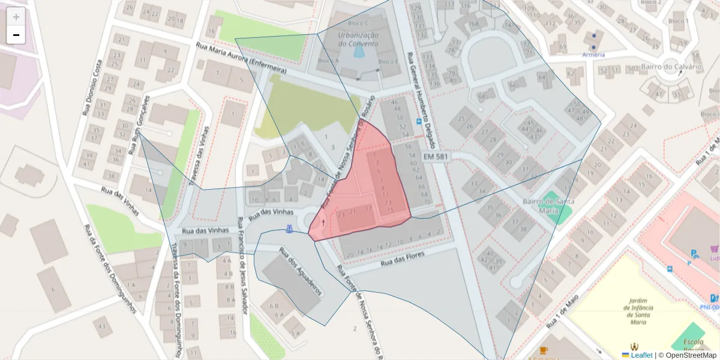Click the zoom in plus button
point(16,17)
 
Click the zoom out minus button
point(16,35)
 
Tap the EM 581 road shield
point(436,156)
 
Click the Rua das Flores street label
point(403,259)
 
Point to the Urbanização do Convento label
point(358,39)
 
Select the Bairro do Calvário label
point(671,66)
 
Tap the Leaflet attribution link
point(641,355)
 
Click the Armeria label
point(593,55)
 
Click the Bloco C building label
point(358,23)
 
